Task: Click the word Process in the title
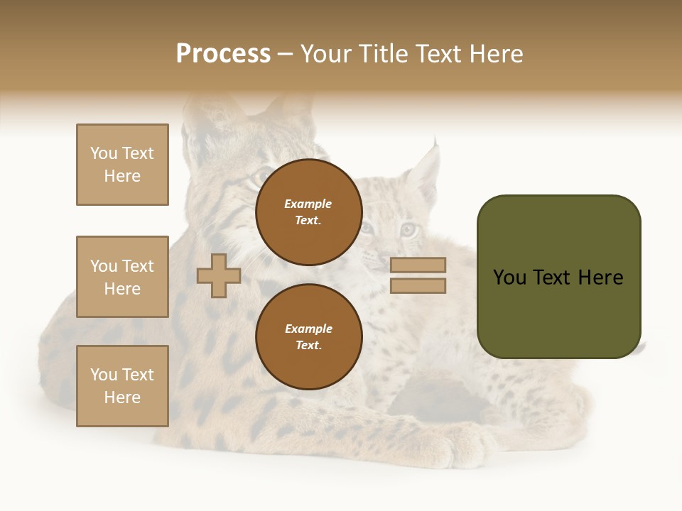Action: (223, 54)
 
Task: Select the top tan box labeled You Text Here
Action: (122, 165)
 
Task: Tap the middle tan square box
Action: (122, 277)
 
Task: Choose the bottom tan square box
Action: (122, 386)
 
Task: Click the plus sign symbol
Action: (219, 275)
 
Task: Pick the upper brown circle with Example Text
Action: (308, 212)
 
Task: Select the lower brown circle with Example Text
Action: (308, 337)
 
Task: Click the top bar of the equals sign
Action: (418, 265)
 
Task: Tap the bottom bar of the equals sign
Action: (418, 286)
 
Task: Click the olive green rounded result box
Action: (558, 277)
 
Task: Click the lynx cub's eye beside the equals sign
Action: (408, 229)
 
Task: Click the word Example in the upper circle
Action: (308, 204)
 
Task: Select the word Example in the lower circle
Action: (308, 329)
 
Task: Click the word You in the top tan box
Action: (104, 153)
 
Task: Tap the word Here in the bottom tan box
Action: (122, 397)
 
